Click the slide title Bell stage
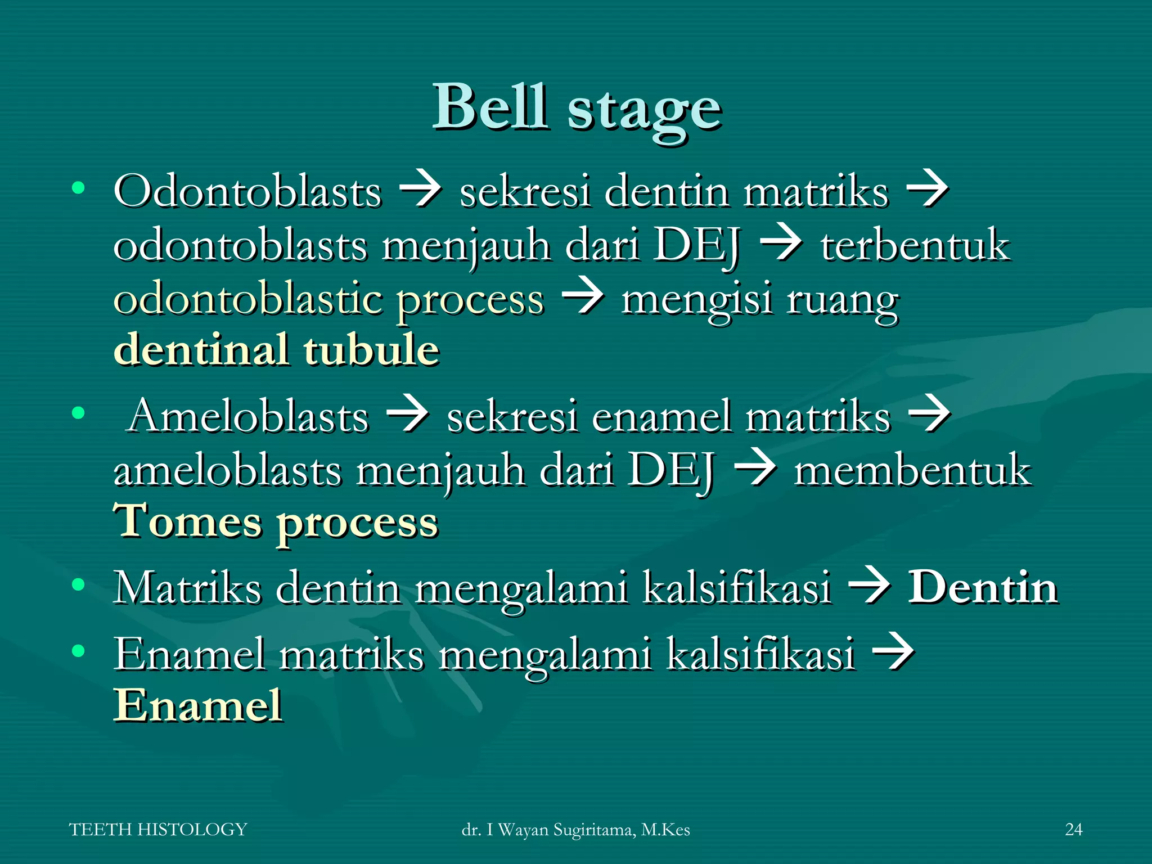point(576,108)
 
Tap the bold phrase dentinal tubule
point(276,350)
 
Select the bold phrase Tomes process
point(276,522)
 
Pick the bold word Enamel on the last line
point(198,705)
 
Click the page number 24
point(1073,829)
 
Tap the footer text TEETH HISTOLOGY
point(158,829)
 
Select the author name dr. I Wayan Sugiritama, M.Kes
point(575,830)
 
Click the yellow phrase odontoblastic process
point(328,300)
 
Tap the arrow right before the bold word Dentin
point(869,587)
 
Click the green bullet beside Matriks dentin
point(78,584)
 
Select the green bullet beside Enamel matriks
point(78,651)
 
